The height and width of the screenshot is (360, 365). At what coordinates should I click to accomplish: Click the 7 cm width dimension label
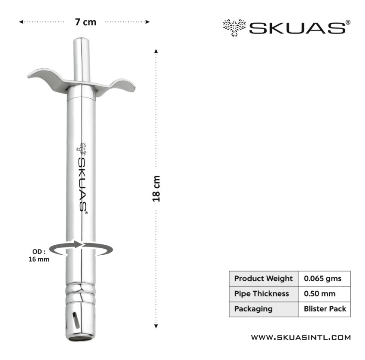(85, 22)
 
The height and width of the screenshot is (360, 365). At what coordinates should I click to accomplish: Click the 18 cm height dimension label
(156, 189)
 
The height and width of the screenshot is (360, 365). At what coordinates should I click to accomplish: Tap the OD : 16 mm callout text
(39, 255)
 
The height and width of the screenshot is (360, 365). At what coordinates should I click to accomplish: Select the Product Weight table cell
(264, 278)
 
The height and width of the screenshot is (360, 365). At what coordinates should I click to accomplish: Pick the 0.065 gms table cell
(324, 278)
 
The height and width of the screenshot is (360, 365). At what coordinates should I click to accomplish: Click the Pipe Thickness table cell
(264, 294)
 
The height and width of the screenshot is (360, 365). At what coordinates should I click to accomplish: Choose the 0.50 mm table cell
(324, 294)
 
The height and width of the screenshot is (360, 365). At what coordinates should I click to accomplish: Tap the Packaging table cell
(264, 309)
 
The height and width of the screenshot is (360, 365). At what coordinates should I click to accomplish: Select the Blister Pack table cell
(324, 309)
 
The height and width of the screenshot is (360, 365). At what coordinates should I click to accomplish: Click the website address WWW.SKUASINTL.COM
(301, 337)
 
